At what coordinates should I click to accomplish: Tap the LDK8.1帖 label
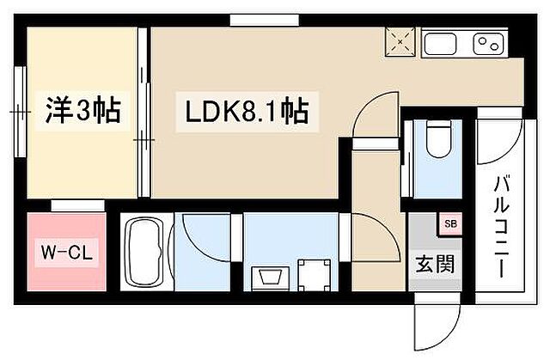click(x=242, y=112)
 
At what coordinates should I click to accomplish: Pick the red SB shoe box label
click(x=449, y=225)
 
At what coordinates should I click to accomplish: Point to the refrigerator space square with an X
click(x=400, y=40)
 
